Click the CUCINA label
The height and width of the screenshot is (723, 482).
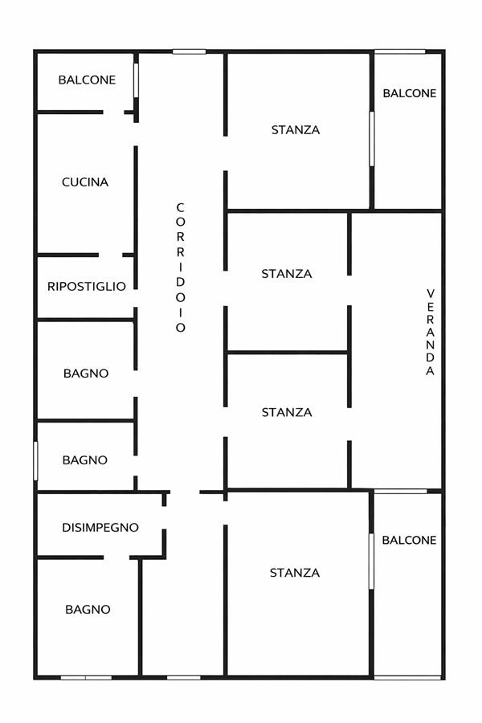(x=85, y=182)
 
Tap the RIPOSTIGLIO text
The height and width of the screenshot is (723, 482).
(x=87, y=286)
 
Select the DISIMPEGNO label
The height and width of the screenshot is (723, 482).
(x=100, y=528)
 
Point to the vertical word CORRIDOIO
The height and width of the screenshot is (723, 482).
(x=180, y=268)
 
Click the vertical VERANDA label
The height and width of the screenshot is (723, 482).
(x=431, y=332)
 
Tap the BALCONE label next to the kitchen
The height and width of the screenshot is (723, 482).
(x=88, y=80)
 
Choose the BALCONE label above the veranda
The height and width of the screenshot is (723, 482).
(x=410, y=93)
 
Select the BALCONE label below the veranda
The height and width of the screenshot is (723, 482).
(x=409, y=540)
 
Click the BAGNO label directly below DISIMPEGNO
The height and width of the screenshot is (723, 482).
(x=88, y=610)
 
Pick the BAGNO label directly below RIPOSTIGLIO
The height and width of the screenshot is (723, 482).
(x=86, y=373)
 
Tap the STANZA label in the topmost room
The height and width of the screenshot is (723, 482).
(x=296, y=130)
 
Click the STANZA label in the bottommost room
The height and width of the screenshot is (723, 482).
(x=295, y=573)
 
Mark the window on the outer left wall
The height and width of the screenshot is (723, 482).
(x=35, y=460)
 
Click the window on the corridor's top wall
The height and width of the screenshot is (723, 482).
(x=189, y=51)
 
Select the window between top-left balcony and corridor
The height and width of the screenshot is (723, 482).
(x=136, y=80)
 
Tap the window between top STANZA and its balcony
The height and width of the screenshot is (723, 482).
(x=372, y=138)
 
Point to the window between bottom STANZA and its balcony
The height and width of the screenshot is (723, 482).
(x=371, y=562)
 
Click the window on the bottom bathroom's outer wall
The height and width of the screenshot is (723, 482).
(x=86, y=677)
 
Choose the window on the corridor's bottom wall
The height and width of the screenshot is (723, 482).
(x=184, y=677)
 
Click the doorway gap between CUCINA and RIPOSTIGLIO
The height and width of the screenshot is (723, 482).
(x=111, y=255)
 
